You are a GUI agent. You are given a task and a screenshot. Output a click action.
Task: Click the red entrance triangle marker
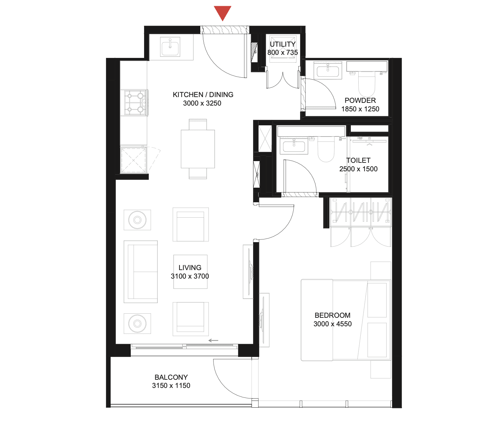click(x=223, y=13)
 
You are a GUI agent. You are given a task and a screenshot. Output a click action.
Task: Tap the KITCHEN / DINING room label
click(x=203, y=95)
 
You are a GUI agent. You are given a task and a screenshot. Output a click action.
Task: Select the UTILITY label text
click(x=283, y=44)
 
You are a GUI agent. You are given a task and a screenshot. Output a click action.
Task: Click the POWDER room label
click(x=360, y=100)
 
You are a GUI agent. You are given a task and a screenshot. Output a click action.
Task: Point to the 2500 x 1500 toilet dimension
click(x=358, y=169)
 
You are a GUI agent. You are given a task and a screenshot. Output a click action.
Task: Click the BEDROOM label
click(x=332, y=315)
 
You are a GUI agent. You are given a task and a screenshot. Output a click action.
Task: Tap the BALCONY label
click(x=171, y=377)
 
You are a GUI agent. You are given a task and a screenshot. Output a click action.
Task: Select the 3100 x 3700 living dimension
click(x=190, y=276)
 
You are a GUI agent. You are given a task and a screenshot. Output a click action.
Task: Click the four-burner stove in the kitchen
click(x=135, y=103)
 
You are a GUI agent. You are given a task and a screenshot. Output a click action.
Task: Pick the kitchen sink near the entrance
click(x=170, y=47)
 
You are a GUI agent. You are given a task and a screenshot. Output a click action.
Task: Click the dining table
click(x=198, y=149)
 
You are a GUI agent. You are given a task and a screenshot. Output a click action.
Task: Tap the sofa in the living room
click(x=141, y=272)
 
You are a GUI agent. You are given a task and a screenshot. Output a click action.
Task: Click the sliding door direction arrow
click(x=213, y=341)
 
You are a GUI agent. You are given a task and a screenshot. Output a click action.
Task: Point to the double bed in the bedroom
click(x=346, y=320)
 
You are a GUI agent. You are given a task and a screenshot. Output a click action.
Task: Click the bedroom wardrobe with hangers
click(x=360, y=212)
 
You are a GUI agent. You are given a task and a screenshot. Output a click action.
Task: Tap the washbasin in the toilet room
click(x=294, y=145)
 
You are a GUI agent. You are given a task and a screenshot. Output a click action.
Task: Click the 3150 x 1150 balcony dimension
click(x=171, y=386)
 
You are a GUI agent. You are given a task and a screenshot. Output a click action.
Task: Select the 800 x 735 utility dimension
click(x=283, y=52)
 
